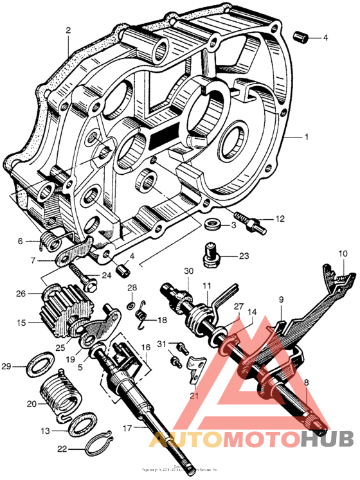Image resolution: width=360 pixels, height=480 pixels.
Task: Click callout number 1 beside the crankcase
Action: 307,137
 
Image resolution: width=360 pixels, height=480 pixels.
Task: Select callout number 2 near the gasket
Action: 68,29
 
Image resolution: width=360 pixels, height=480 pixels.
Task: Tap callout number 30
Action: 188,271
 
